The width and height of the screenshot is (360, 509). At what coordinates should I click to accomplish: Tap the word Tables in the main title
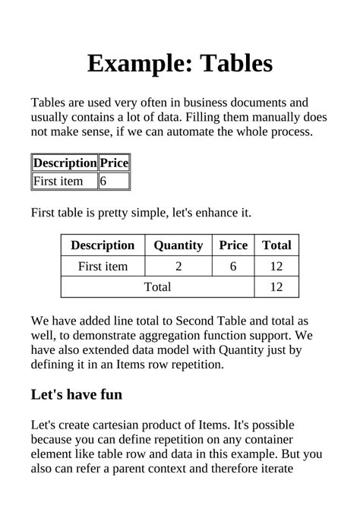tap(236, 63)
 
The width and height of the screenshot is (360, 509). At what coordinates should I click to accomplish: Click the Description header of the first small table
tap(65, 163)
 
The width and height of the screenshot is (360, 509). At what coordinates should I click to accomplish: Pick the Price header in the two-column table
tap(115, 163)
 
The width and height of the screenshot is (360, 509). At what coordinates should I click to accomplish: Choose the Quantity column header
tap(178, 245)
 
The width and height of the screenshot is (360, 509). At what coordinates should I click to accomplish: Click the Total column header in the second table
tap(276, 245)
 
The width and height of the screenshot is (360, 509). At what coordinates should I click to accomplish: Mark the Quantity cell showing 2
tap(178, 266)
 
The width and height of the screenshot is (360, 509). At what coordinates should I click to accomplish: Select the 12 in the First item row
tap(276, 266)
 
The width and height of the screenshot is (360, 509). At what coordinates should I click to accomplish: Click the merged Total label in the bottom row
tap(157, 286)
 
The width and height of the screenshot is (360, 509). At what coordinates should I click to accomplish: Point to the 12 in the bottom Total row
tap(276, 286)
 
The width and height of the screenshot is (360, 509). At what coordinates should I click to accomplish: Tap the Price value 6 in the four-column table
tap(233, 266)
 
